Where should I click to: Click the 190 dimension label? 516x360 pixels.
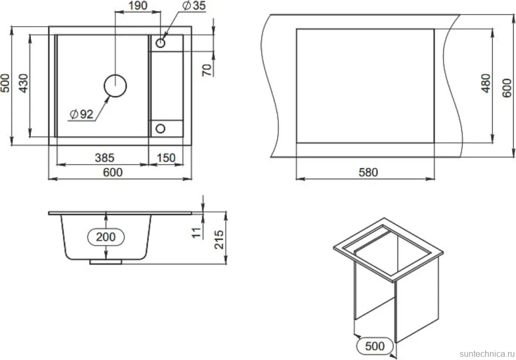tap(138, 6)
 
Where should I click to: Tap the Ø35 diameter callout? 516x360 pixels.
tap(194, 6)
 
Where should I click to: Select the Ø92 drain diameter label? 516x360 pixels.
tap(82, 114)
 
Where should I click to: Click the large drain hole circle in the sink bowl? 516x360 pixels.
tap(115, 86)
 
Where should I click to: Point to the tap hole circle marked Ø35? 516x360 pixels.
tap(160, 43)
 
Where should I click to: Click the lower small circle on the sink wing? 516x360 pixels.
tap(160, 128)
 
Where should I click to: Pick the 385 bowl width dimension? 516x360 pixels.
tap(105, 158)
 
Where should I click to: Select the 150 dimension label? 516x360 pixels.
tap(166, 158)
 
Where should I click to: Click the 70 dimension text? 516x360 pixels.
tap(206, 70)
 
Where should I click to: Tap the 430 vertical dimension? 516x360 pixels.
tap(24, 83)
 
